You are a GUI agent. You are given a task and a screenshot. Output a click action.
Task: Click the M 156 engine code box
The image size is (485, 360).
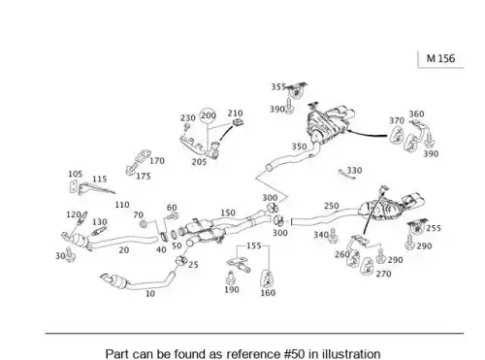(x=440, y=59)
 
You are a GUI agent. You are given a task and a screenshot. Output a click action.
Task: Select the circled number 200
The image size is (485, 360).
(x=208, y=115)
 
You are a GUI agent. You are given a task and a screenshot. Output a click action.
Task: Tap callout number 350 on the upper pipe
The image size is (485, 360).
(x=299, y=147)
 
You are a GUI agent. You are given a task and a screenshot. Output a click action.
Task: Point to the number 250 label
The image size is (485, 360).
(x=332, y=206)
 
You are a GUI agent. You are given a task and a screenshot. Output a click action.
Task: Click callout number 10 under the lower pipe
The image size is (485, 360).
(x=150, y=293)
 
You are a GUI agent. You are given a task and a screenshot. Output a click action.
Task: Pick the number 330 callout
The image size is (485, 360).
(x=354, y=170)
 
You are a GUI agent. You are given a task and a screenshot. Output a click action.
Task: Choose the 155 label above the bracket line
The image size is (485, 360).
(x=253, y=245)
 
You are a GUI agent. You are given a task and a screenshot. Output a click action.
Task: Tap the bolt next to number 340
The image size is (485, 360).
(x=334, y=236)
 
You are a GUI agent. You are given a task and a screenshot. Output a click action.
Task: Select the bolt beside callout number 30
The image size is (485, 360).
(x=70, y=255)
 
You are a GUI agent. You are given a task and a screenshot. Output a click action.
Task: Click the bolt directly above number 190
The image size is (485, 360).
(x=230, y=278)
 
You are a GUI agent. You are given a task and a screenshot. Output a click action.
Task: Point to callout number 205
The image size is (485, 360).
(x=199, y=162)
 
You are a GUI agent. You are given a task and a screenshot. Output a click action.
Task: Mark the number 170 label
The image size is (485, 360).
(x=157, y=160)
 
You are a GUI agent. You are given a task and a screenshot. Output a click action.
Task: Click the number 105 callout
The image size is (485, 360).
(x=75, y=174)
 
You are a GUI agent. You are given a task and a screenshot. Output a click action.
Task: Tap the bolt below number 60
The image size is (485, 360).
(x=173, y=215)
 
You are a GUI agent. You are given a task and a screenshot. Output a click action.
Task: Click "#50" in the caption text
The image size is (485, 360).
(x=294, y=353)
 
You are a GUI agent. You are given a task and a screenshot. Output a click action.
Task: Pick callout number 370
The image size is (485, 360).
(x=397, y=120)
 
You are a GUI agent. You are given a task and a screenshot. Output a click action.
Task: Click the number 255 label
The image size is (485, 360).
(x=434, y=228)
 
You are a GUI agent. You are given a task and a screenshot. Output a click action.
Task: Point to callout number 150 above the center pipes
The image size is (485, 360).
(x=228, y=213)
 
